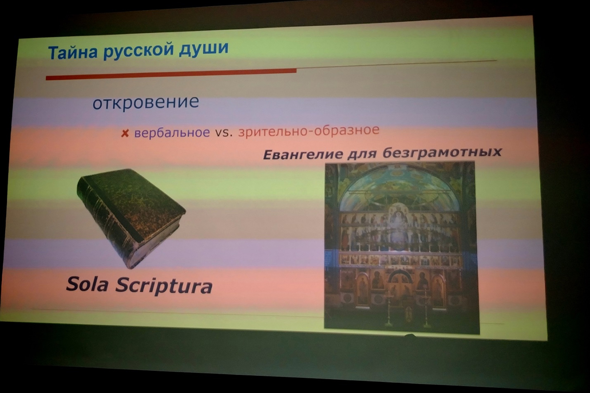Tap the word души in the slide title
point(204,48)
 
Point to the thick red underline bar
point(171,74)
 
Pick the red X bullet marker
point(125,134)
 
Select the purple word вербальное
point(172,132)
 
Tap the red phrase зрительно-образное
point(309,130)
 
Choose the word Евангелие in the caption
point(303,155)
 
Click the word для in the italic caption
point(363,154)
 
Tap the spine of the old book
point(108,224)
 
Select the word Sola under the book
point(87,285)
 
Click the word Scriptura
point(164,286)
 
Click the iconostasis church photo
point(401,248)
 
